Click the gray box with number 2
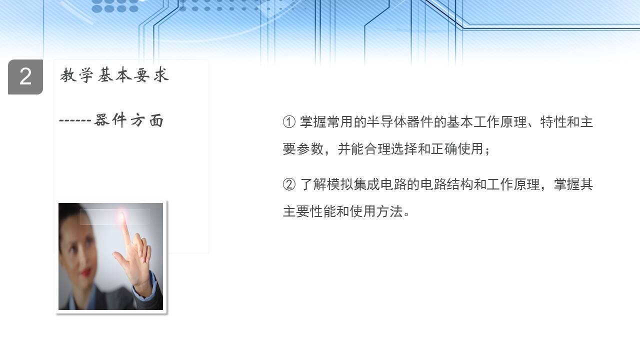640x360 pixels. tap(25, 77)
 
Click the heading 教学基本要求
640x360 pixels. tap(114, 75)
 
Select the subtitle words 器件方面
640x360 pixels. tap(129, 120)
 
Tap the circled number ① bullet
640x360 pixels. tap(289, 122)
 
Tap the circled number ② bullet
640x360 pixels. tap(289, 184)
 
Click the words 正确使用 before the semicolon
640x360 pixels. tap(457, 149)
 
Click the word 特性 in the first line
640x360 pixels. tap(553, 122)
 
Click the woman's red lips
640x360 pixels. tap(85, 271)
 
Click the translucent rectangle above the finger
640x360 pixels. tap(115, 216)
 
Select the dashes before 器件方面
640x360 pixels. tap(75, 120)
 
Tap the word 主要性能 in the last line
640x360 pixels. tap(309, 211)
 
